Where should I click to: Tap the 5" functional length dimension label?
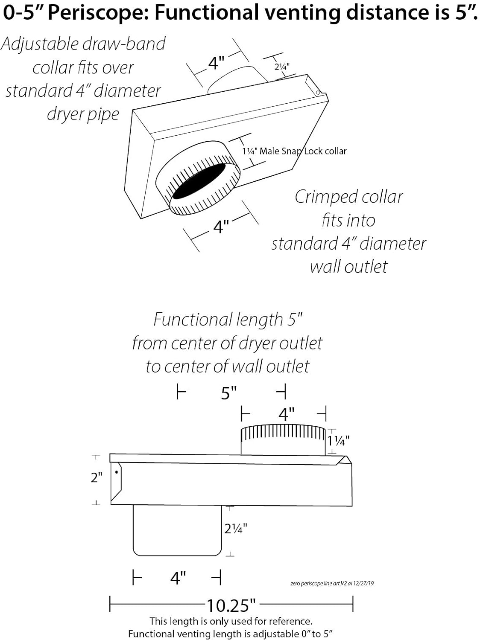[229, 393]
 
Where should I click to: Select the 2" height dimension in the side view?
[97, 477]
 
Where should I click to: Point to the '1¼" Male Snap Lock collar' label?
[294, 151]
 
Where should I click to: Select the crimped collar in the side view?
[283, 439]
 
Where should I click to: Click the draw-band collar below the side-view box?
[177, 530]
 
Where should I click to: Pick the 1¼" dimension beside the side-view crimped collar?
[339, 440]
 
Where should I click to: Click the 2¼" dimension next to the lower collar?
[236, 529]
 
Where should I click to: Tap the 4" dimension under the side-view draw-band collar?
[178, 578]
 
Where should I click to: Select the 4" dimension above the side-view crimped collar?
[286, 413]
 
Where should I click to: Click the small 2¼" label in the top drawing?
[282, 67]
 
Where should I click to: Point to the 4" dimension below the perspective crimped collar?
[221, 227]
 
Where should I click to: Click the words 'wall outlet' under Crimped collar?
[349, 267]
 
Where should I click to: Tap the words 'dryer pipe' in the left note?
[83, 114]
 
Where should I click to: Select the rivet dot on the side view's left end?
[117, 472]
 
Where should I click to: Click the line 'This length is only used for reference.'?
[231, 621]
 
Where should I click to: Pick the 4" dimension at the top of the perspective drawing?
[216, 63]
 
